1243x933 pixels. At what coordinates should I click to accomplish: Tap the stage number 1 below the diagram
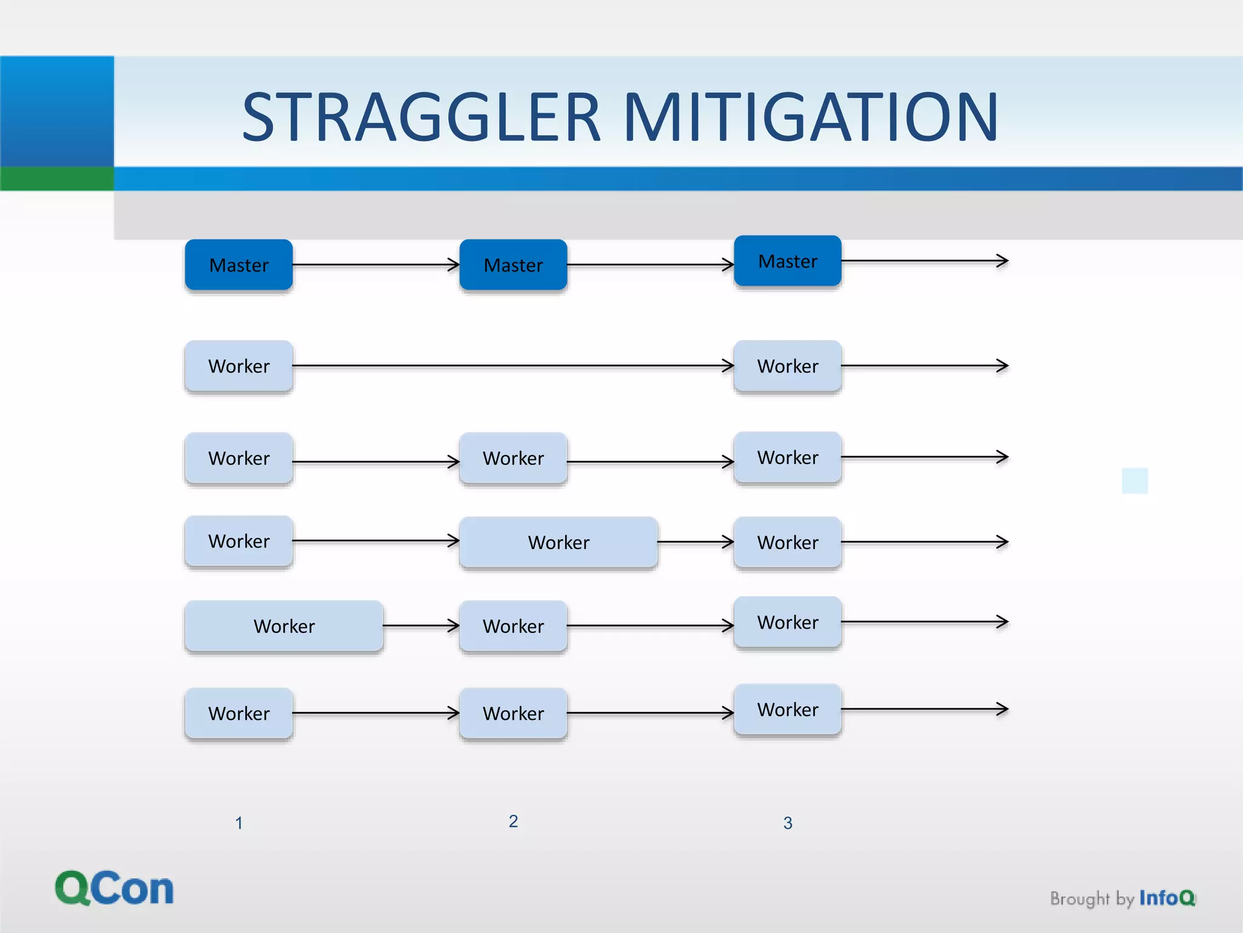(x=239, y=823)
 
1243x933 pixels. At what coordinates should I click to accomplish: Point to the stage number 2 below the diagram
(x=513, y=821)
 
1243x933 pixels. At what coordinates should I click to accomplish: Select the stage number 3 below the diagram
(x=788, y=823)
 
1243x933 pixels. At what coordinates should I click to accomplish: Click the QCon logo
(x=114, y=888)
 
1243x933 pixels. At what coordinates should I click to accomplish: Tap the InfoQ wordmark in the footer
(x=1167, y=898)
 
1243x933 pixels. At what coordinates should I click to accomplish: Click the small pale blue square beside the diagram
(x=1135, y=480)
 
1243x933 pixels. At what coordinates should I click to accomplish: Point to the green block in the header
(x=56, y=179)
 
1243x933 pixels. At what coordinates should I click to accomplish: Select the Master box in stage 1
(x=239, y=265)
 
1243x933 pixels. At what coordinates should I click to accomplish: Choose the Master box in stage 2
(x=513, y=265)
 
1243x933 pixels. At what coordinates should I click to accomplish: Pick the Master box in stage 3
(x=788, y=261)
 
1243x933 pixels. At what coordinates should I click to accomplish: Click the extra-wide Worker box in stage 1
(x=284, y=626)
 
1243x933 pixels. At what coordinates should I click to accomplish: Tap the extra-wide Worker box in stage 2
(x=558, y=542)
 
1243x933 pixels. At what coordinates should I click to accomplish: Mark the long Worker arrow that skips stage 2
(x=513, y=366)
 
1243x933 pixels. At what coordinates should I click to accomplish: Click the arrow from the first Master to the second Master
(x=376, y=265)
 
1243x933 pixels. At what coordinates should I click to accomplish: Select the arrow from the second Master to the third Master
(x=651, y=265)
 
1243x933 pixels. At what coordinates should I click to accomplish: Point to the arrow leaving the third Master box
(x=924, y=261)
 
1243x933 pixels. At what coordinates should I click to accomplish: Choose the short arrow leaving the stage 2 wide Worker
(x=696, y=542)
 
